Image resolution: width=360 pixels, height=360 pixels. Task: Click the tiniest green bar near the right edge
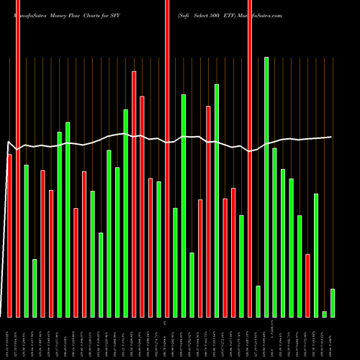[x=325, y=314]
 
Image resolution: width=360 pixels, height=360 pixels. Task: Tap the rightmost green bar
[x=333, y=302]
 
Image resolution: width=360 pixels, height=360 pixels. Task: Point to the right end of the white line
[x=332, y=137]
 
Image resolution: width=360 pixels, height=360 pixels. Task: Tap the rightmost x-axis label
[x=333, y=338]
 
